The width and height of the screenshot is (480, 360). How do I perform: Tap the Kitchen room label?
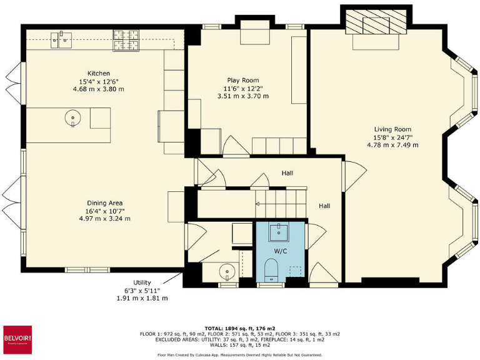(x=98, y=73)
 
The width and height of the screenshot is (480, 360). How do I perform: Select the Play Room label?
(x=242, y=80)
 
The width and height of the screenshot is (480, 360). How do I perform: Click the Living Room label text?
(x=392, y=129)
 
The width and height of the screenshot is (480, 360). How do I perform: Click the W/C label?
(x=281, y=251)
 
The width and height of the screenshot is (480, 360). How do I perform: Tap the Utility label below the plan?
(x=142, y=282)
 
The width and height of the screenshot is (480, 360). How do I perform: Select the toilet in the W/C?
(x=271, y=271)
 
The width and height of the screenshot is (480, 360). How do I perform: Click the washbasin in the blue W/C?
(x=279, y=232)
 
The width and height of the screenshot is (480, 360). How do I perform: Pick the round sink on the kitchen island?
(x=73, y=117)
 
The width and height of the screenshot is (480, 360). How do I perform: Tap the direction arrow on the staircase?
(x=257, y=203)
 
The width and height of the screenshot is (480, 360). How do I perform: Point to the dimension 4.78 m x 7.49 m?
(x=392, y=145)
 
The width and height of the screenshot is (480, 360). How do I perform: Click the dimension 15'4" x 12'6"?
(x=98, y=81)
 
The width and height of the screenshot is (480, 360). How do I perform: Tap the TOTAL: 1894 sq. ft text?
(x=239, y=327)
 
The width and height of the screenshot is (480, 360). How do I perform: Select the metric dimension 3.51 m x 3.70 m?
(x=242, y=96)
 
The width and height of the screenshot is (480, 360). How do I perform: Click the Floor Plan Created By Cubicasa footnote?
(x=239, y=354)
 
